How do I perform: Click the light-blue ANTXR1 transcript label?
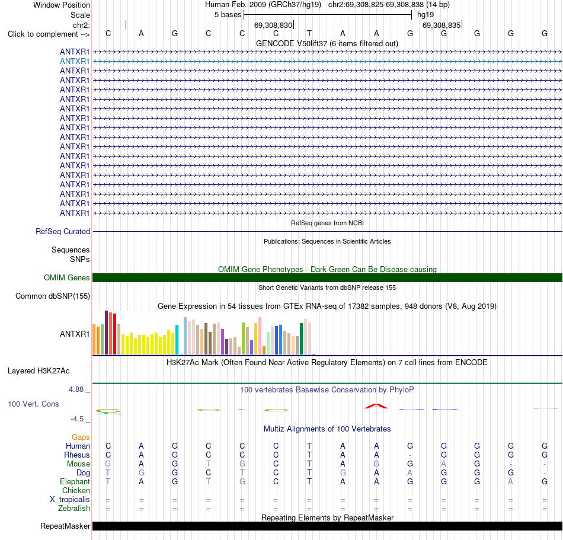pyautogui.click(x=74, y=62)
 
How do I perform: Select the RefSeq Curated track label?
pyautogui.click(x=63, y=232)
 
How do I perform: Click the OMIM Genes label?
pyautogui.click(x=67, y=277)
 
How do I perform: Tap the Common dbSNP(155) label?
pyautogui.click(x=53, y=296)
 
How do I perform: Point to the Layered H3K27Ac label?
pyautogui.click(x=39, y=371)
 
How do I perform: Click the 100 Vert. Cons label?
pyautogui.click(x=33, y=404)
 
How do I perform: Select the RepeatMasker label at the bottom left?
pyautogui.click(x=65, y=526)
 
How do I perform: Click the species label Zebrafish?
pyautogui.click(x=74, y=509)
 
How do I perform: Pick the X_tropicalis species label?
pyautogui.click(x=70, y=500)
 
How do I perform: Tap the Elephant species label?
pyautogui.click(x=75, y=481)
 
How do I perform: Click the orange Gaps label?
pyautogui.click(x=81, y=437)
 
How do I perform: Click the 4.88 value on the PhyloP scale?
pyautogui.click(x=76, y=389)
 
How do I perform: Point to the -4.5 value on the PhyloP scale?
pyautogui.click(x=77, y=419)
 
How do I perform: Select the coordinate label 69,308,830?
pyautogui.click(x=273, y=25)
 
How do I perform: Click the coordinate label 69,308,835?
pyautogui.click(x=442, y=25)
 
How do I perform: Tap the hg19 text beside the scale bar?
pyautogui.click(x=426, y=15)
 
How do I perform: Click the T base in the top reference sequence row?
pyautogui.click(x=309, y=33)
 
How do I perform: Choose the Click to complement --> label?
pyautogui.click(x=49, y=34)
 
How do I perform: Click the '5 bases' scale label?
pyautogui.click(x=228, y=15)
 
